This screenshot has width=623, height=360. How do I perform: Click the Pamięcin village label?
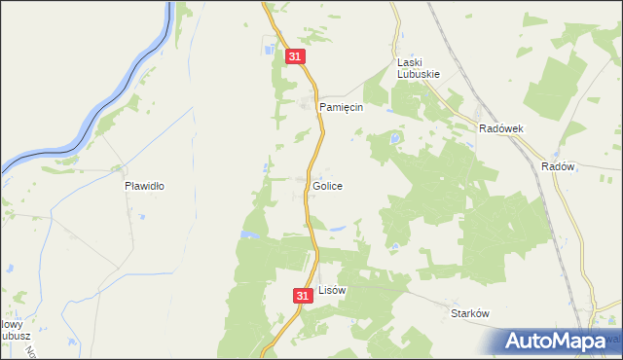coord(342,108)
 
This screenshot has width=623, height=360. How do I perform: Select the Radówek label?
coord(501,128)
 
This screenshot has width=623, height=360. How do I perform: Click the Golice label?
coord(327,185)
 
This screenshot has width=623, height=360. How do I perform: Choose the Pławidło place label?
coord(144,185)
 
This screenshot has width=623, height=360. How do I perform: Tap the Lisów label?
coord(332,290)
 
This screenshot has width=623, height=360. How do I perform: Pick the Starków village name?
coord(469,313)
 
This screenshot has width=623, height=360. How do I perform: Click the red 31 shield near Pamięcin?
coord(297,58)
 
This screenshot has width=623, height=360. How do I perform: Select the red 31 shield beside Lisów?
coord(302,294)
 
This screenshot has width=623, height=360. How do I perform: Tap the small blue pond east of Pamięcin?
coord(394,140)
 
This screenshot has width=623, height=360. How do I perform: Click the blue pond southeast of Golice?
coord(338,230)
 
